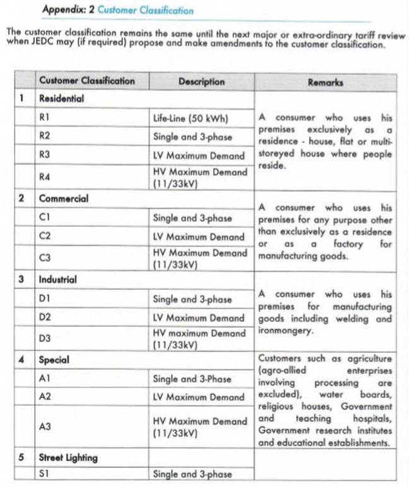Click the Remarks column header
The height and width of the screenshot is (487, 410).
pos(325,82)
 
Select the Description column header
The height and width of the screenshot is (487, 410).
pos(201,82)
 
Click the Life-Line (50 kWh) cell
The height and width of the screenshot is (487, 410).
pos(190,118)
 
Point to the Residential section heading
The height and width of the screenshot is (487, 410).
pos(61,99)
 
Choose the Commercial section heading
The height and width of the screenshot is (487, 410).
pos(64,198)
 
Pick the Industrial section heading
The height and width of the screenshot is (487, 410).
pos(57,280)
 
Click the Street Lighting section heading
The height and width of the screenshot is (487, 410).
pos(68,457)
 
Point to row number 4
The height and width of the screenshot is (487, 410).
pos(21,360)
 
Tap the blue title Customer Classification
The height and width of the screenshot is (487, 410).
pos(146,11)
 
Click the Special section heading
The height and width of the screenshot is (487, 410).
pos(54,360)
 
